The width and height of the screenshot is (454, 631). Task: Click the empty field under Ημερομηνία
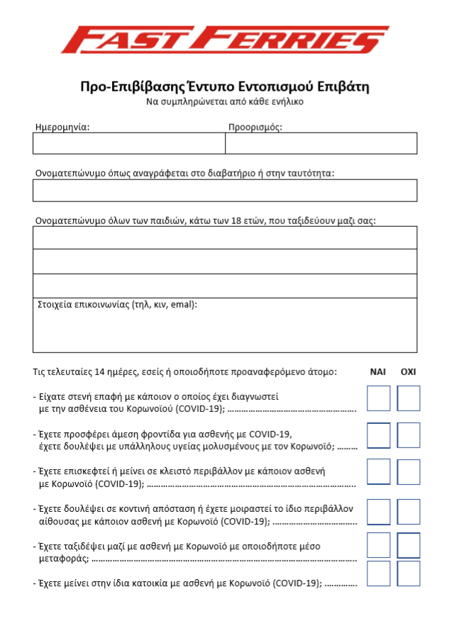128,143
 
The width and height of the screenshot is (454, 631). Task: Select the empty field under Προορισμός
321,143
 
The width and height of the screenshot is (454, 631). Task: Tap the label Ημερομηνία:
62,127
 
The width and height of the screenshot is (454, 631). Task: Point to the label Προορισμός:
255,127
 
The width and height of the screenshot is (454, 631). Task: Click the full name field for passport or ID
225,190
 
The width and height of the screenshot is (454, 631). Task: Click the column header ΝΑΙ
378,372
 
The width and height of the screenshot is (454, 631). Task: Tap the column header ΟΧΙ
409,372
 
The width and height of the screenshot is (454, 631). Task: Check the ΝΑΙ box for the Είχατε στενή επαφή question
378,398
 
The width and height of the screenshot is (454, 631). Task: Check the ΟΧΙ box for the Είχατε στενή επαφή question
409,398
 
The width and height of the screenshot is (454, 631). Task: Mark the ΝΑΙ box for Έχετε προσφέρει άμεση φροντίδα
378,435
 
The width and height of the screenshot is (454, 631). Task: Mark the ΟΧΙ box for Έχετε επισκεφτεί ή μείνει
409,471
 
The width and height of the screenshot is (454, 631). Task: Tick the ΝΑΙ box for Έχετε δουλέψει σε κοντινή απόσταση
378,511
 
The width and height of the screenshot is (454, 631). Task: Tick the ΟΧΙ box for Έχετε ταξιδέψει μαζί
409,546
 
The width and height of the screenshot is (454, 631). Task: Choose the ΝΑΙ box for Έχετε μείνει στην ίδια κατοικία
378,574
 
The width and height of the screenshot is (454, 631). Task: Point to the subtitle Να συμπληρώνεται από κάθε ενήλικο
225,102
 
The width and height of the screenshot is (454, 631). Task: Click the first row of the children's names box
225,238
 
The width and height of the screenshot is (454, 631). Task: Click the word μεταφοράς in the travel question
60,558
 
